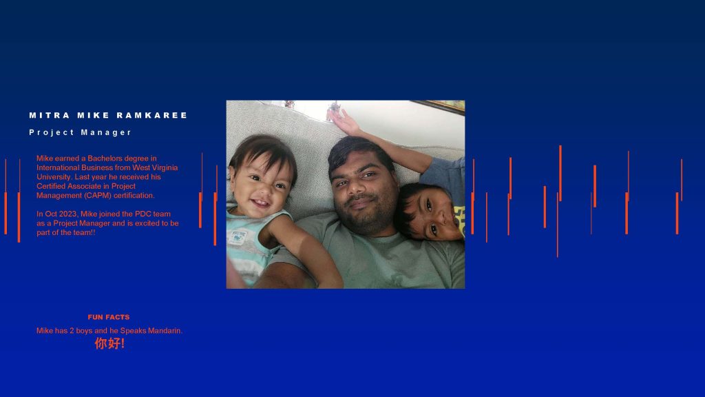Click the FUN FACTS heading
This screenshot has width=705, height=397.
click(x=108, y=317)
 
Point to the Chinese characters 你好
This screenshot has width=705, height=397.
click(x=107, y=343)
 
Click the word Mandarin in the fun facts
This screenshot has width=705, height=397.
click(x=165, y=330)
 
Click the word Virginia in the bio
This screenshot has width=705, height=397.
click(x=165, y=167)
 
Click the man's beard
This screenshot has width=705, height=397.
click(x=364, y=216)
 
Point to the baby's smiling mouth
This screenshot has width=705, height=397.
click(x=259, y=203)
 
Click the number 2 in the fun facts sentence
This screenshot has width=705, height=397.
click(x=72, y=330)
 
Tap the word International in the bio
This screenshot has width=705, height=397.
click(x=58, y=167)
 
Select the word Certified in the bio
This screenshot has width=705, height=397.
click(x=50, y=186)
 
